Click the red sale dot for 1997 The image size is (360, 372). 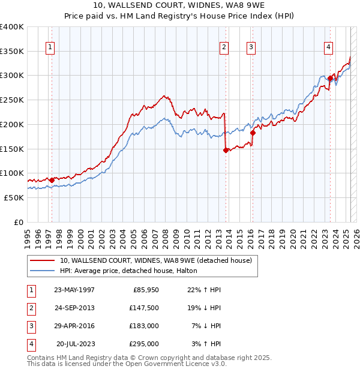pyautogui.click(x=52, y=179)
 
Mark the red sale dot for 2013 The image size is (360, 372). pyautogui.click(x=226, y=150)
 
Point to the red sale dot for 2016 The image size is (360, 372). pyautogui.click(x=253, y=133)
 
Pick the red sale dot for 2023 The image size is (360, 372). pyautogui.click(x=331, y=78)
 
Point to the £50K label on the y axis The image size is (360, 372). pyautogui.click(x=14, y=197)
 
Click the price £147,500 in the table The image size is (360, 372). pyautogui.click(x=144, y=307)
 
